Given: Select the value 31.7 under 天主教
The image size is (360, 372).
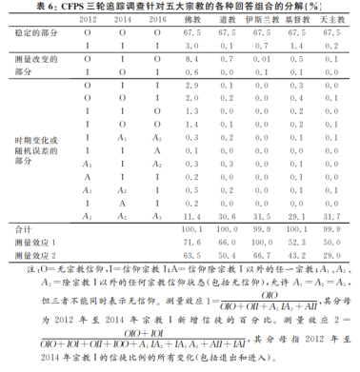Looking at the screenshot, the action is coord(328,216).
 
